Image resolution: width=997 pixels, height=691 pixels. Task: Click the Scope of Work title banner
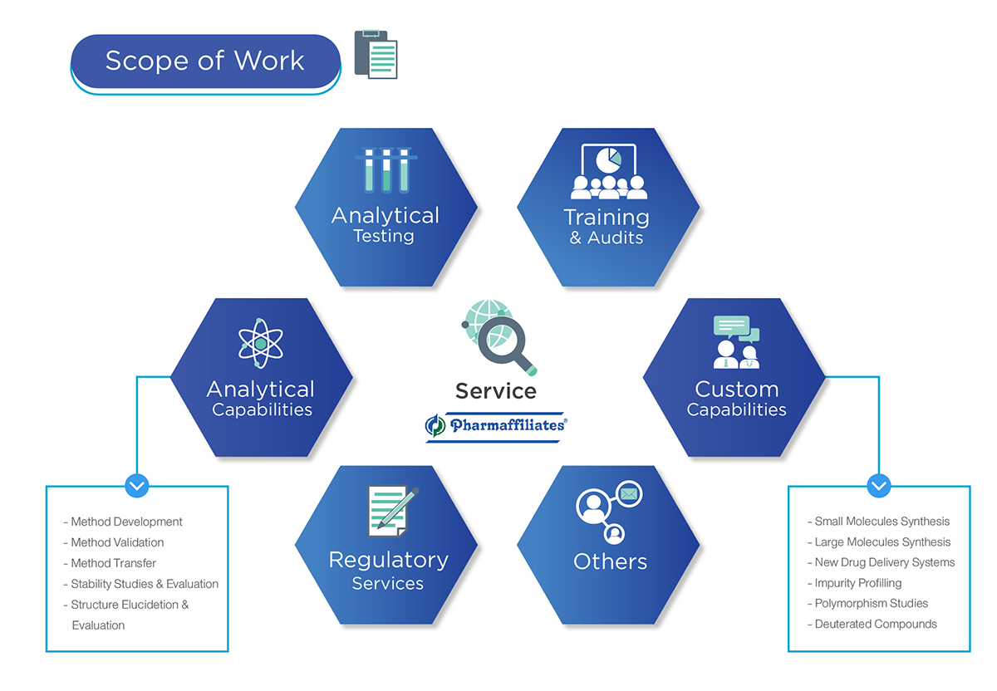point(205,61)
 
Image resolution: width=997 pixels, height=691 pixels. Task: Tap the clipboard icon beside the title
point(376,55)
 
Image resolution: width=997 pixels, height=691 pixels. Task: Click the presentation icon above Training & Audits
point(609,171)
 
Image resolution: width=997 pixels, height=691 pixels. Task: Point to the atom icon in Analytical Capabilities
point(261,342)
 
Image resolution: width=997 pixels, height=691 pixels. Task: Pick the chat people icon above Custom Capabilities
point(736,342)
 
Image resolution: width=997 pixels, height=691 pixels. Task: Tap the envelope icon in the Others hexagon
point(629,495)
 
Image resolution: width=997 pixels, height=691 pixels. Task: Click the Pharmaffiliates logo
point(496,426)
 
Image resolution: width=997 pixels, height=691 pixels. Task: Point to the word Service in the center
point(496,390)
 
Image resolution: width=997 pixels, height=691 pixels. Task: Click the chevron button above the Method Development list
point(137,486)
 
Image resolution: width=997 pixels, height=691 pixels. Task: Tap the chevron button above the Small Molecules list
point(879,486)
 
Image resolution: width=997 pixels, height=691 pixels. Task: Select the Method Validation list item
point(117,542)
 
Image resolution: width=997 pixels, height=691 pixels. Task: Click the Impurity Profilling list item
point(857,583)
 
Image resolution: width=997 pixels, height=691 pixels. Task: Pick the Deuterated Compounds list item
point(875,624)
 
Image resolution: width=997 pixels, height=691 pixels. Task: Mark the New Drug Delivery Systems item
point(884,562)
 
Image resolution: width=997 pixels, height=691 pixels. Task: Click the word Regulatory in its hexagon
point(388,560)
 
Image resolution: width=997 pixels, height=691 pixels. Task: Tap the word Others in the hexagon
point(610,561)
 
